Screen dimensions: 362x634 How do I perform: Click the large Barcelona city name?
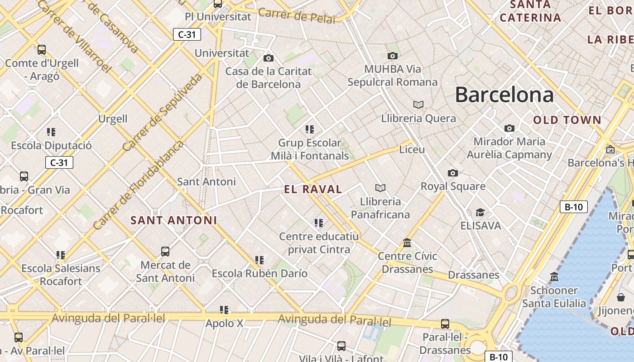click(504, 95)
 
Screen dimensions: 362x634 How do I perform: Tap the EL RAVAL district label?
click(313, 189)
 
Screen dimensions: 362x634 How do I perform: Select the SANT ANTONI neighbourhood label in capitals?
click(174, 220)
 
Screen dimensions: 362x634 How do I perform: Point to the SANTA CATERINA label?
click(530, 11)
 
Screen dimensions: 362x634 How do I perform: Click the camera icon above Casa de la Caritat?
click(269, 58)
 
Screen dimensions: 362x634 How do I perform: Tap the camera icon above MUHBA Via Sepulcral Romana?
click(392, 56)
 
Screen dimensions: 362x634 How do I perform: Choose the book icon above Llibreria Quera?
click(418, 105)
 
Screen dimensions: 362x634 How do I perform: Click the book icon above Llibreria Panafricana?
click(380, 188)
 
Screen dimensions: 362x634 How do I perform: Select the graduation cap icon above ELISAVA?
click(480, 212)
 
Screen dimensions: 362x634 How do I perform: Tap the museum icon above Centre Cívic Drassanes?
click(407, 243)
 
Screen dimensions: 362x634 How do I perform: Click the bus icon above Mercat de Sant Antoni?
click(165, 251)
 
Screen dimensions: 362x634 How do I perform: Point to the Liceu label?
click(412, 149)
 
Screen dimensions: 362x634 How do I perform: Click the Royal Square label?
click(453, 186)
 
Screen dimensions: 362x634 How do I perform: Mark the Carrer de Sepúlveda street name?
click(162, 113)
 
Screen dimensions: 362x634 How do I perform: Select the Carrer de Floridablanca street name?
click(139, 185)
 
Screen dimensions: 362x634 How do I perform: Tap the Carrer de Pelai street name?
click(297, 15)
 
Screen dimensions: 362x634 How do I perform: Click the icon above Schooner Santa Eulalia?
click(554, 276)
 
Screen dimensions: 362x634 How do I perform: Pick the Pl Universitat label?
click(218, 17)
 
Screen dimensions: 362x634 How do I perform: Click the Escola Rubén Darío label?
click(259, 273)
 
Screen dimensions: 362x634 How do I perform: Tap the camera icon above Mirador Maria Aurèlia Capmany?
click(509, 129)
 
